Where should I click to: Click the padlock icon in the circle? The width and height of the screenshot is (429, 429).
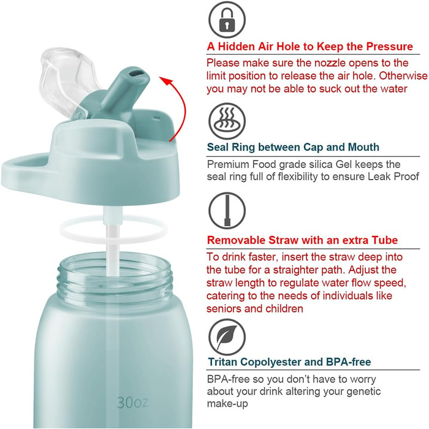coord(227,20)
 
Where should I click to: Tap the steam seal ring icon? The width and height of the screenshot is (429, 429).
coord(227,121)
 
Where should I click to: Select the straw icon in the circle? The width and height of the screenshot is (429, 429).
coord(227,210)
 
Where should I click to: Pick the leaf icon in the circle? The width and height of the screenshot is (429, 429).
coord(227,337)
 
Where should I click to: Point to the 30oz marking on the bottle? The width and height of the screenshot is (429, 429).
coord(132,403)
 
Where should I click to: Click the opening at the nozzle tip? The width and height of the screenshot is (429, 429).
coord(136,74)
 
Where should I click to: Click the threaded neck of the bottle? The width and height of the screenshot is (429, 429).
coord(115,276)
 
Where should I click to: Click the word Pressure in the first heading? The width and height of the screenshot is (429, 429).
coord(390,47)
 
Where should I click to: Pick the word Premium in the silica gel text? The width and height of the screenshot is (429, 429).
coord(227,165)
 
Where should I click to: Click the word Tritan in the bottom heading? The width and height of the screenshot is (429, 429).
coord(222,362)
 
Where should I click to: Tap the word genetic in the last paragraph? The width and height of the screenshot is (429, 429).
coord(363,392)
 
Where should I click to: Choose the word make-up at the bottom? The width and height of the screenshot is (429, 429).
coord(227,404)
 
